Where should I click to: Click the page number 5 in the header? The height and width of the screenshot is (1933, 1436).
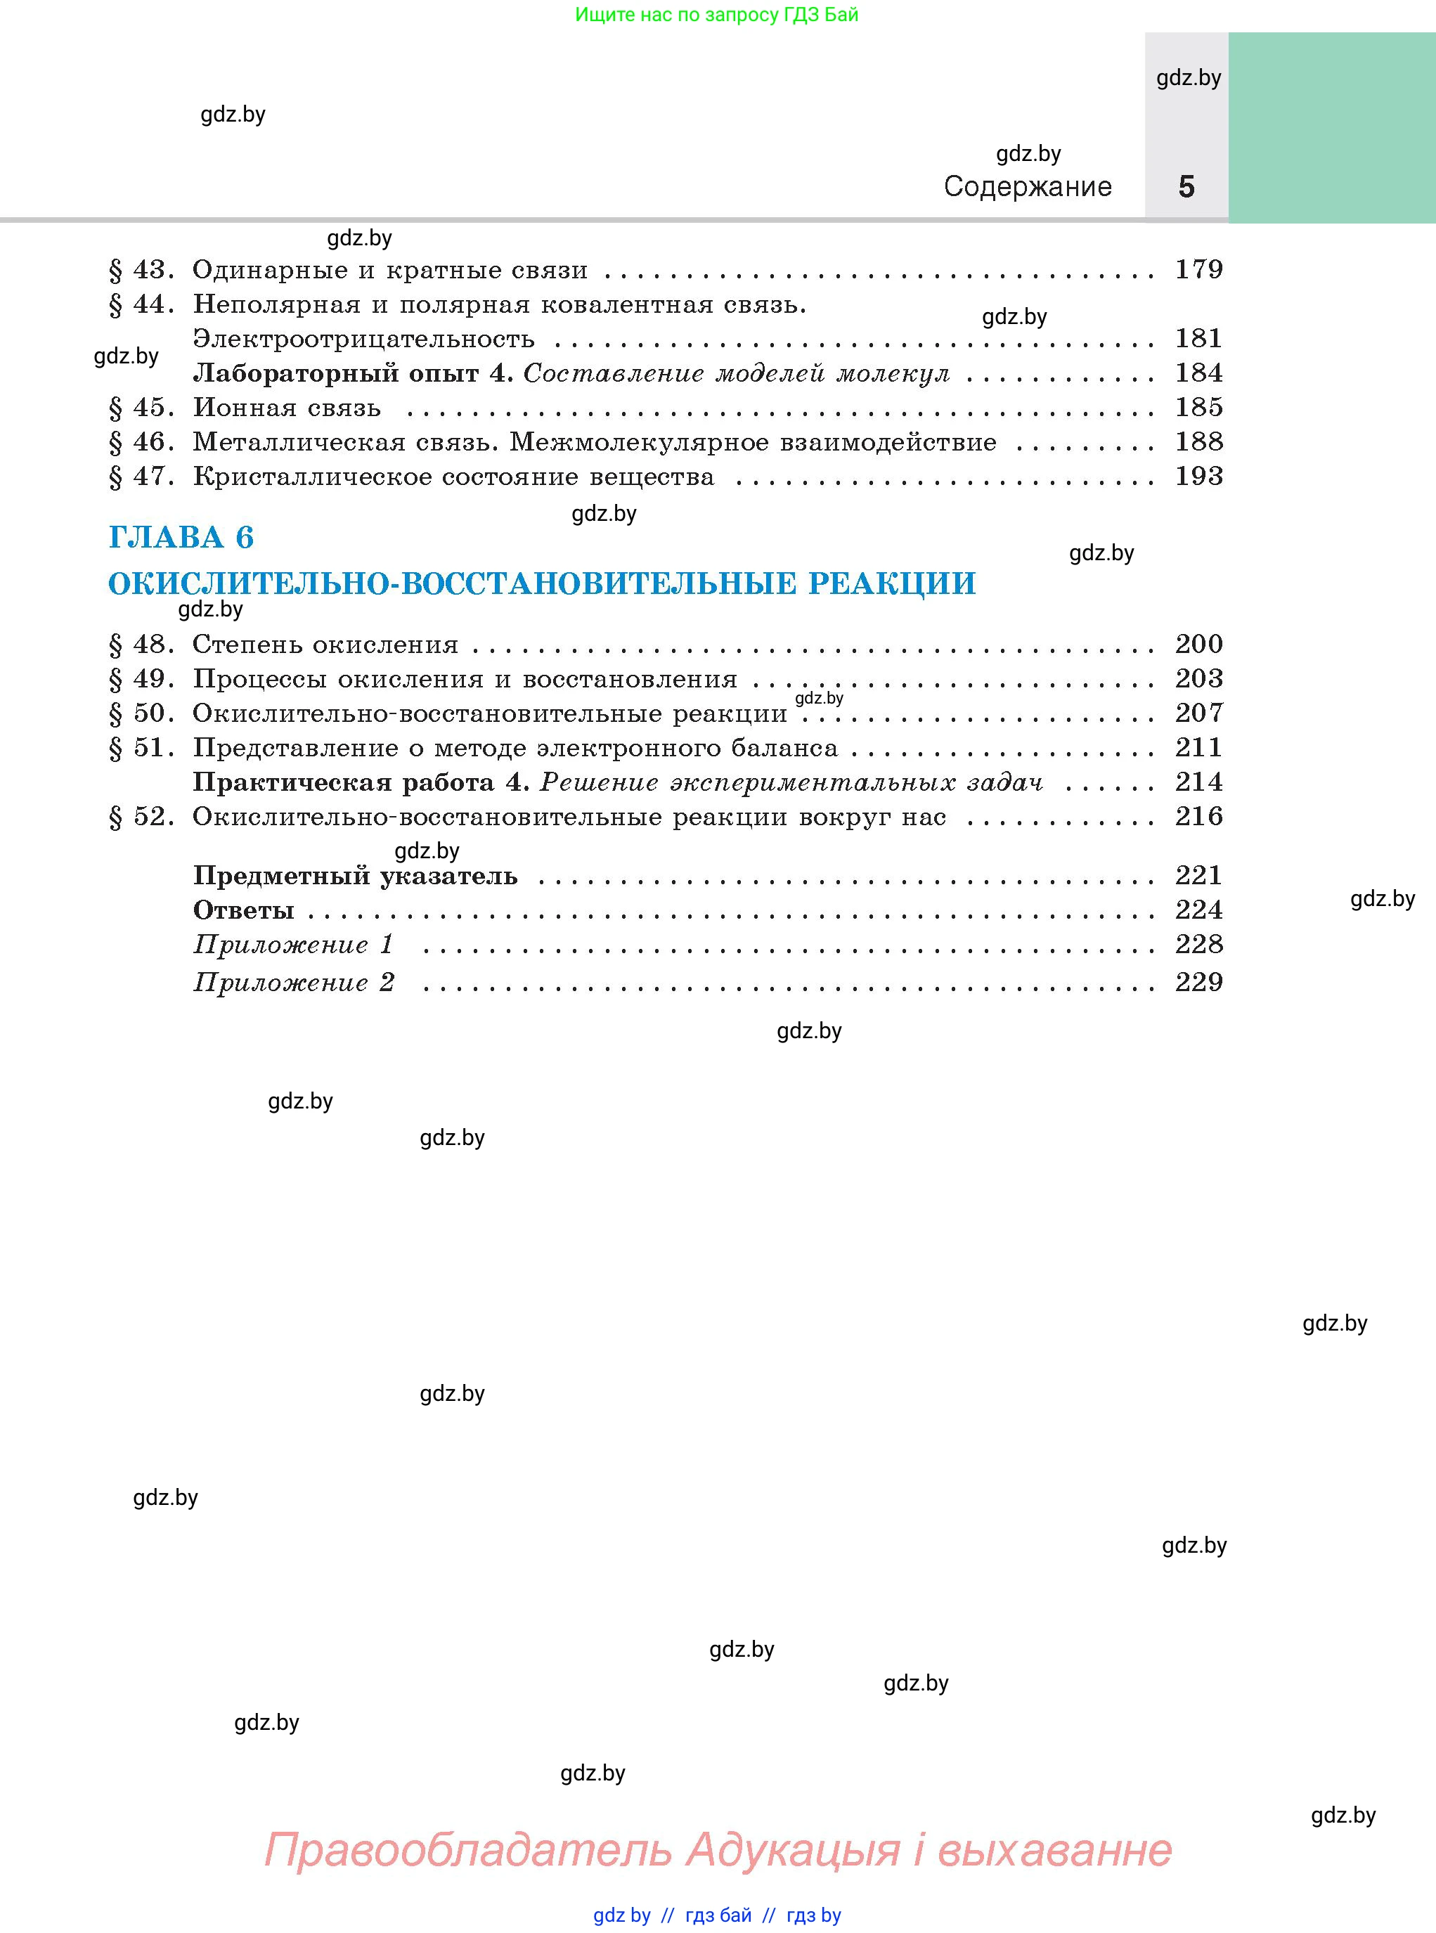pos(1186,187)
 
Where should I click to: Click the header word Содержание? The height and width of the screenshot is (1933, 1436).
pos(1028,187)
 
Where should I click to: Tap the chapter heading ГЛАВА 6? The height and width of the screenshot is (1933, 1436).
pos(181,537)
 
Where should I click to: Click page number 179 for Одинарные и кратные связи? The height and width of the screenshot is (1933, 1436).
pos(1198,269)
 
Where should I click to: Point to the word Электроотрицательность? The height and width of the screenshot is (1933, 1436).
pos(363,339)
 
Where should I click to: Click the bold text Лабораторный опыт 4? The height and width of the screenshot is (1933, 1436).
pos(353,374)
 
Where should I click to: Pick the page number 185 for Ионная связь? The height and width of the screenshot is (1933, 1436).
pos(1198,407)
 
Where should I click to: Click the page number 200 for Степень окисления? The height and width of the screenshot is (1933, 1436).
pos(1198,644)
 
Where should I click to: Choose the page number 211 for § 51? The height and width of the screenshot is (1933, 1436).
pos(1198,747)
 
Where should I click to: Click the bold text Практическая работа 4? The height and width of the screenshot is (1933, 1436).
pos(361,782)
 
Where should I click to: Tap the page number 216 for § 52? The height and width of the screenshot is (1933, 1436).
pos(1198,816)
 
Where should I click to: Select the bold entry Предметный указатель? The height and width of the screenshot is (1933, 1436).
pos(355,876)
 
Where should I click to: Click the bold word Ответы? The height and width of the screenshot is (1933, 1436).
pos(243,910)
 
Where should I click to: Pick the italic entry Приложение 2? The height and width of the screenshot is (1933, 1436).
pos(294,982)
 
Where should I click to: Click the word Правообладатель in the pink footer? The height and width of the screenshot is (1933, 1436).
pos(467,1849)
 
